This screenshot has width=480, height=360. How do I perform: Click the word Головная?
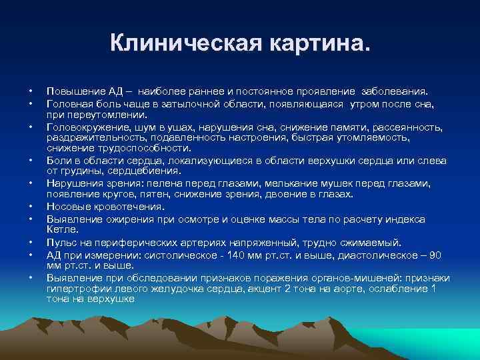click(69, 104)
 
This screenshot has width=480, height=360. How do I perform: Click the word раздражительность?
click(90, 137)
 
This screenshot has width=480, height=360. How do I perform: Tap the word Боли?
click(59, 161)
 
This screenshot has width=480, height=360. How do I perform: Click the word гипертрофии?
click(77, 288)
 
